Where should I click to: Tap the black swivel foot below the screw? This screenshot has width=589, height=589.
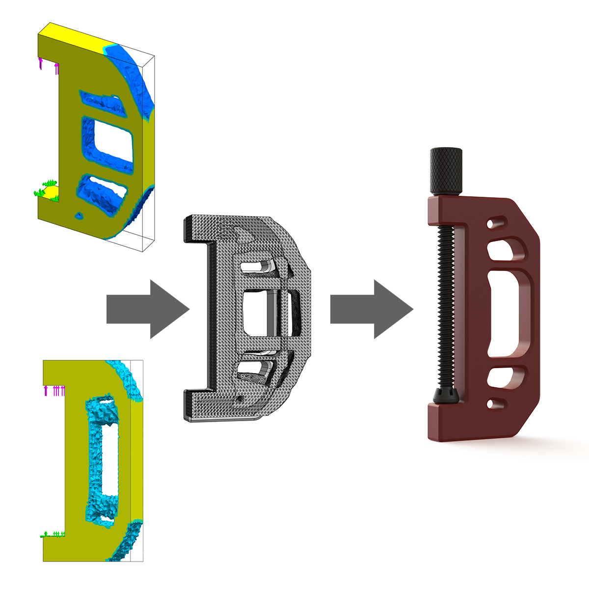coord(444,396)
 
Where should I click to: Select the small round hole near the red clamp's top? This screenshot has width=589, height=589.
coord(490,224)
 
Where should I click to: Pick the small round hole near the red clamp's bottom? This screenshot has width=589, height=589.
coord(490,404)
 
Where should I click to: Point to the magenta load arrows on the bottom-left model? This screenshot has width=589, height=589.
coord(55,390)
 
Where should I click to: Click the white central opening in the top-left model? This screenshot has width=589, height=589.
coord(113,142)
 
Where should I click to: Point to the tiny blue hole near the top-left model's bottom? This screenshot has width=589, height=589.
coord(78,215)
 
